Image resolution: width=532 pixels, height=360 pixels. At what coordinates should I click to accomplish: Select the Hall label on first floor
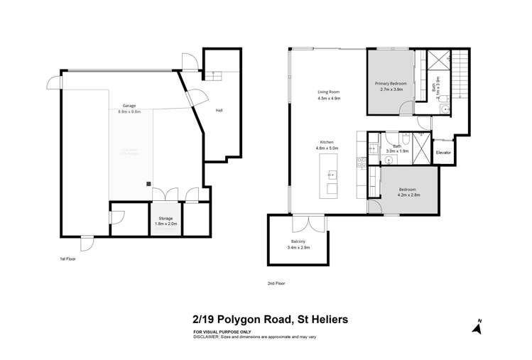(219, 110)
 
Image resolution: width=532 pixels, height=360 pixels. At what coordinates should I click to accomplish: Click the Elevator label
(443, 153)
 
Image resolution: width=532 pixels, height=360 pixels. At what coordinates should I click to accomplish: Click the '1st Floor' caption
(67, 259)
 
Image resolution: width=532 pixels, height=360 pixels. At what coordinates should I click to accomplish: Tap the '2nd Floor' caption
(276, 283)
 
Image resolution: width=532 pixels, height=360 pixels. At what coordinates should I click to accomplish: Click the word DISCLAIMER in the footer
(207, 337)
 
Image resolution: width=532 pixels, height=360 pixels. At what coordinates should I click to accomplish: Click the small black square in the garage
(148, 183)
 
